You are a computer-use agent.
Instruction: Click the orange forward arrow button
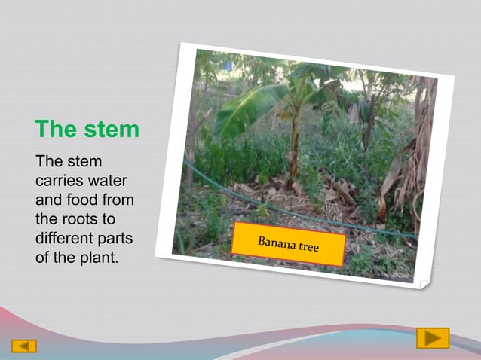pyautogui.click(x=433, y=338)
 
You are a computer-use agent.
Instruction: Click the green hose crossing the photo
pyautogui.click(x=249, y=197)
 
